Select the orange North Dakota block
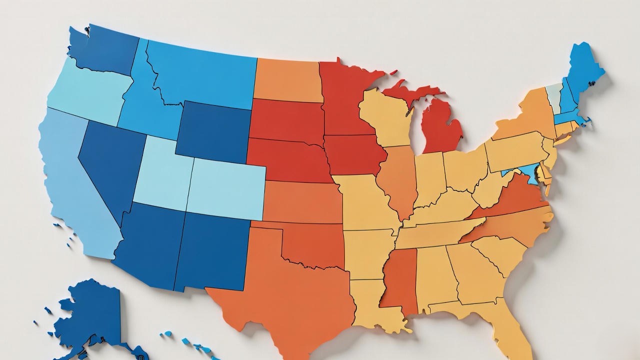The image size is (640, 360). click(287, 80)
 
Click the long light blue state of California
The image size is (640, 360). click(75, 190)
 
